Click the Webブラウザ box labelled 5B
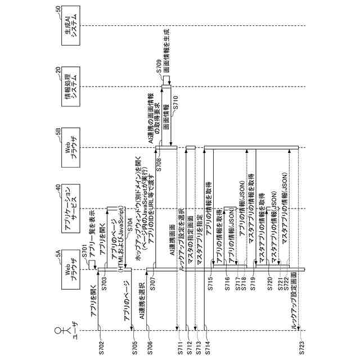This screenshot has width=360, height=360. pyautogui.click(x=71, y=148)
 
